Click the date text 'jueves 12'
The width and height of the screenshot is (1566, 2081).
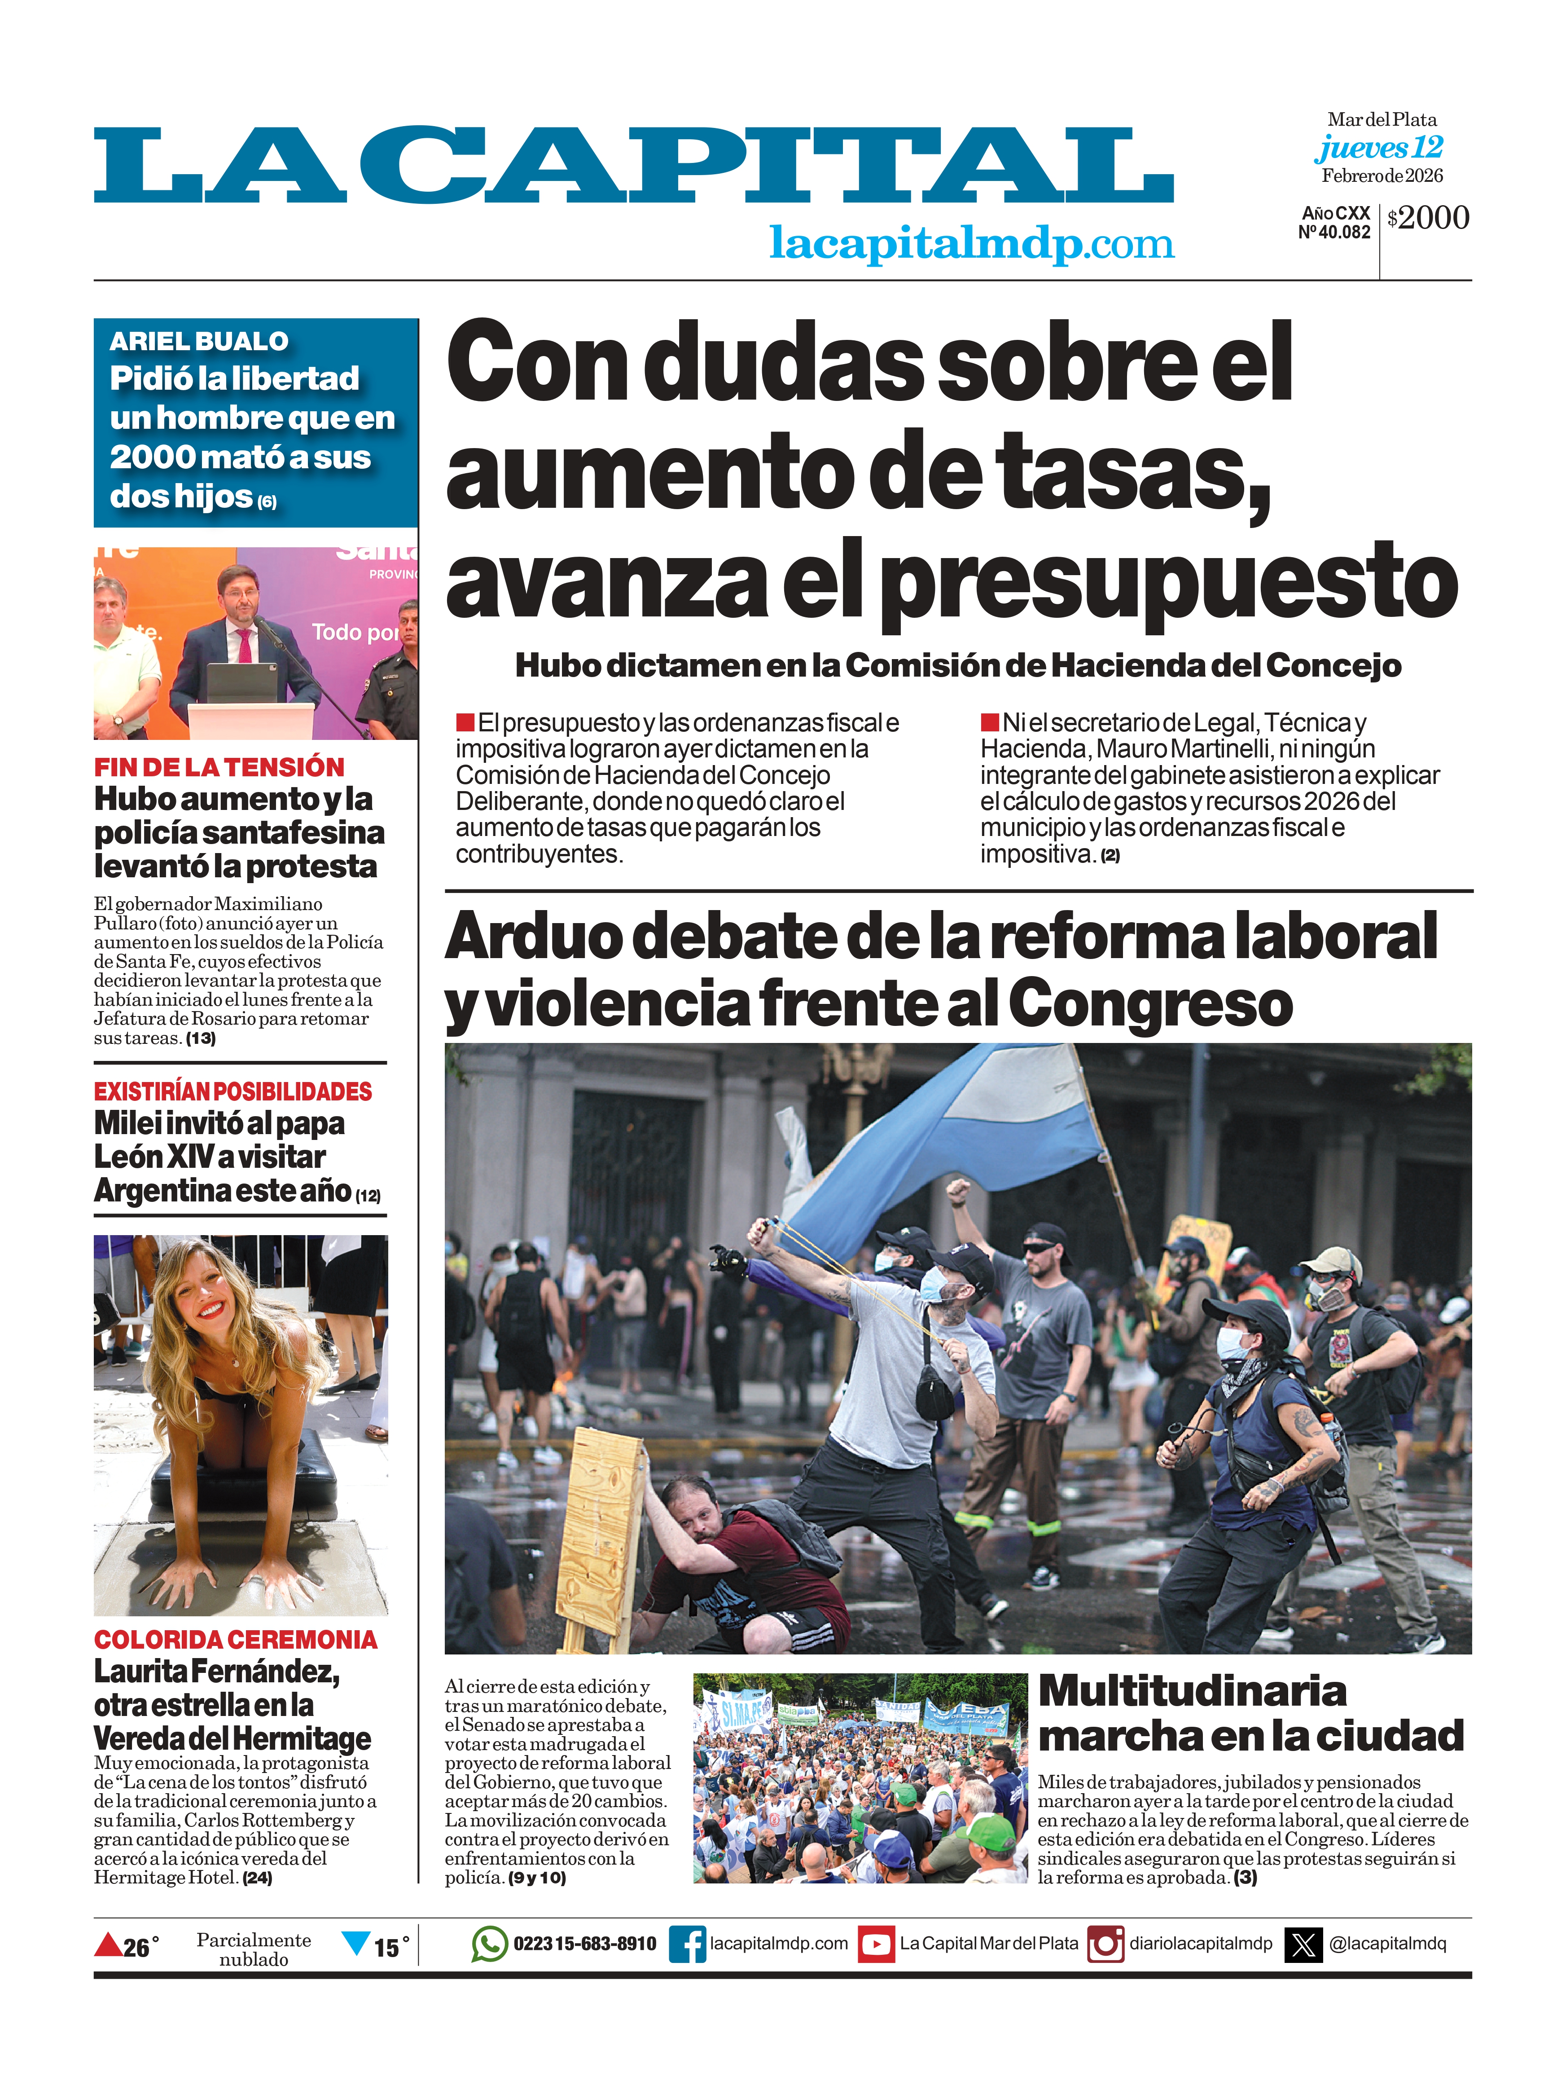1379,148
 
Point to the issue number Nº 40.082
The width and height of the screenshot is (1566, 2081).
1334,233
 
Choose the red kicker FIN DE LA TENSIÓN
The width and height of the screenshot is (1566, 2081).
219,767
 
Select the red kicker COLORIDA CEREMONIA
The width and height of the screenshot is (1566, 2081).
235,1640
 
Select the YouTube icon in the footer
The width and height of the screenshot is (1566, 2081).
876,1944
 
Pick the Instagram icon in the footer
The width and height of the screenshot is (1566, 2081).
1105,1944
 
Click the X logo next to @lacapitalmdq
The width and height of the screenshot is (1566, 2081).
1303,1944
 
